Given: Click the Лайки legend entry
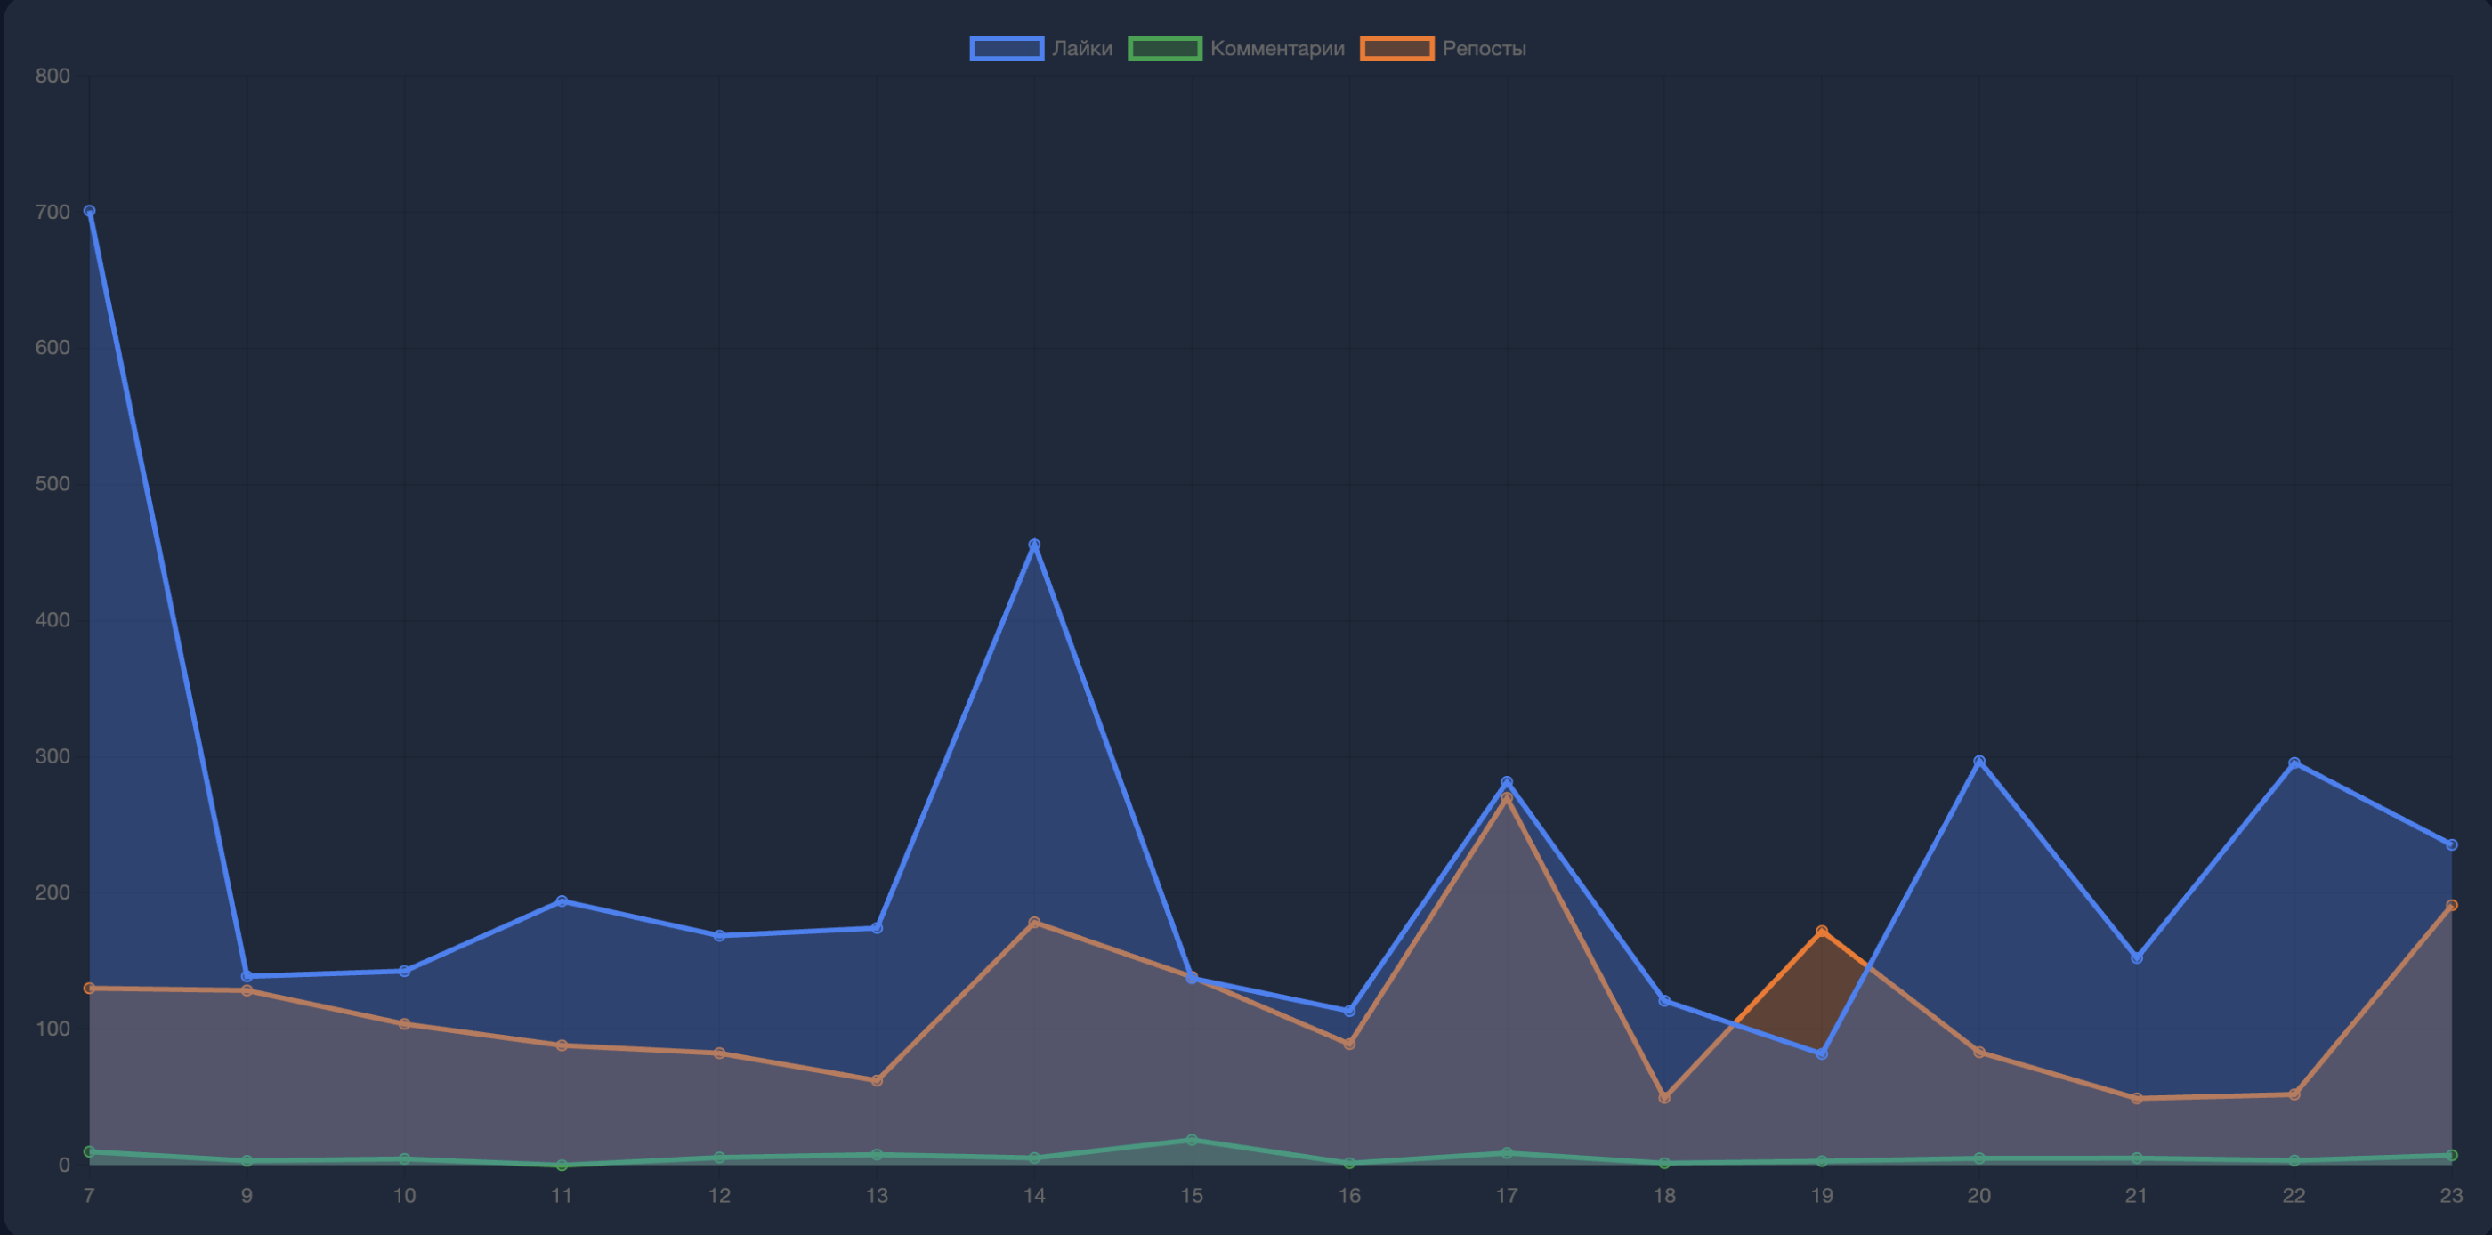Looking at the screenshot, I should pos(1041,48).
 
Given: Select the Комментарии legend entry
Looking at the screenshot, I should pos(1236,48).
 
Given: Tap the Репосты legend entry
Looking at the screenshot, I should pos(1443,48).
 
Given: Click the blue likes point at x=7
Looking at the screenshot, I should pos(90,211).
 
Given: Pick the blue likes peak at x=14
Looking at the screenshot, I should pos(1034,545).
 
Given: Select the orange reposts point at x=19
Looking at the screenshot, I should pos(1822,932).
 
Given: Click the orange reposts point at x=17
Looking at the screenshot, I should pos(1506,798).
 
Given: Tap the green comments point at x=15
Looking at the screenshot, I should pos(1192,1140).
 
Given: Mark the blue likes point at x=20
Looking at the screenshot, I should pos(1979,761).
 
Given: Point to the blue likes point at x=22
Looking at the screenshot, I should pos(2294,763).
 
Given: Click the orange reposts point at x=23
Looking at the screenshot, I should pos(2451,905).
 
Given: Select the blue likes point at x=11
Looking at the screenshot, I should pos(562,900).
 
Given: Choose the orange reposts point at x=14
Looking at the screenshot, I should pos(1034,923).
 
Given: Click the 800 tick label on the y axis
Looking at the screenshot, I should pos(53,76).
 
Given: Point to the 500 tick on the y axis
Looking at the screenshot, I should pos(53,483).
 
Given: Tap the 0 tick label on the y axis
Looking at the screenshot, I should pos(64,1165).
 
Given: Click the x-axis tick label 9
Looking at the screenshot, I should pos(247,1195).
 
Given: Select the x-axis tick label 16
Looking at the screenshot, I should pos(1348,1195).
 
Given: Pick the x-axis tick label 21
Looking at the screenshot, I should pos(2136,1195).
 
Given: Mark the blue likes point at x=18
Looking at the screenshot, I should pos(1664,1000).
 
